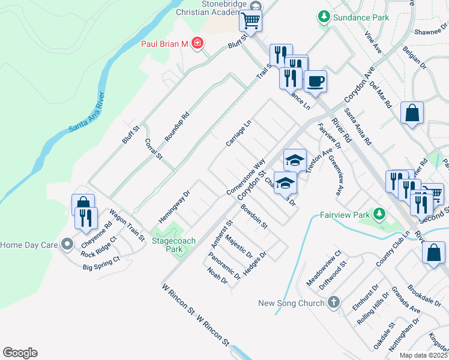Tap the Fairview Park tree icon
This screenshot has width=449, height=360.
point(379,214)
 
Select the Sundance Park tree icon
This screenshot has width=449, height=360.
point(325,17)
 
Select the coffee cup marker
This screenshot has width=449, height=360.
point(315,82)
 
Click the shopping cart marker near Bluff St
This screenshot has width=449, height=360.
point(250,21)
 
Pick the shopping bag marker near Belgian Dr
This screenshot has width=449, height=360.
point(412,113)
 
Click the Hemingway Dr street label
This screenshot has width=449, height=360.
point(173,200)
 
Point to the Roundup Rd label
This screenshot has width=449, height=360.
point(176,127)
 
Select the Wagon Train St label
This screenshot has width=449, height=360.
point(127,225)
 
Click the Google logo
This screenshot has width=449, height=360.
point(20,353)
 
